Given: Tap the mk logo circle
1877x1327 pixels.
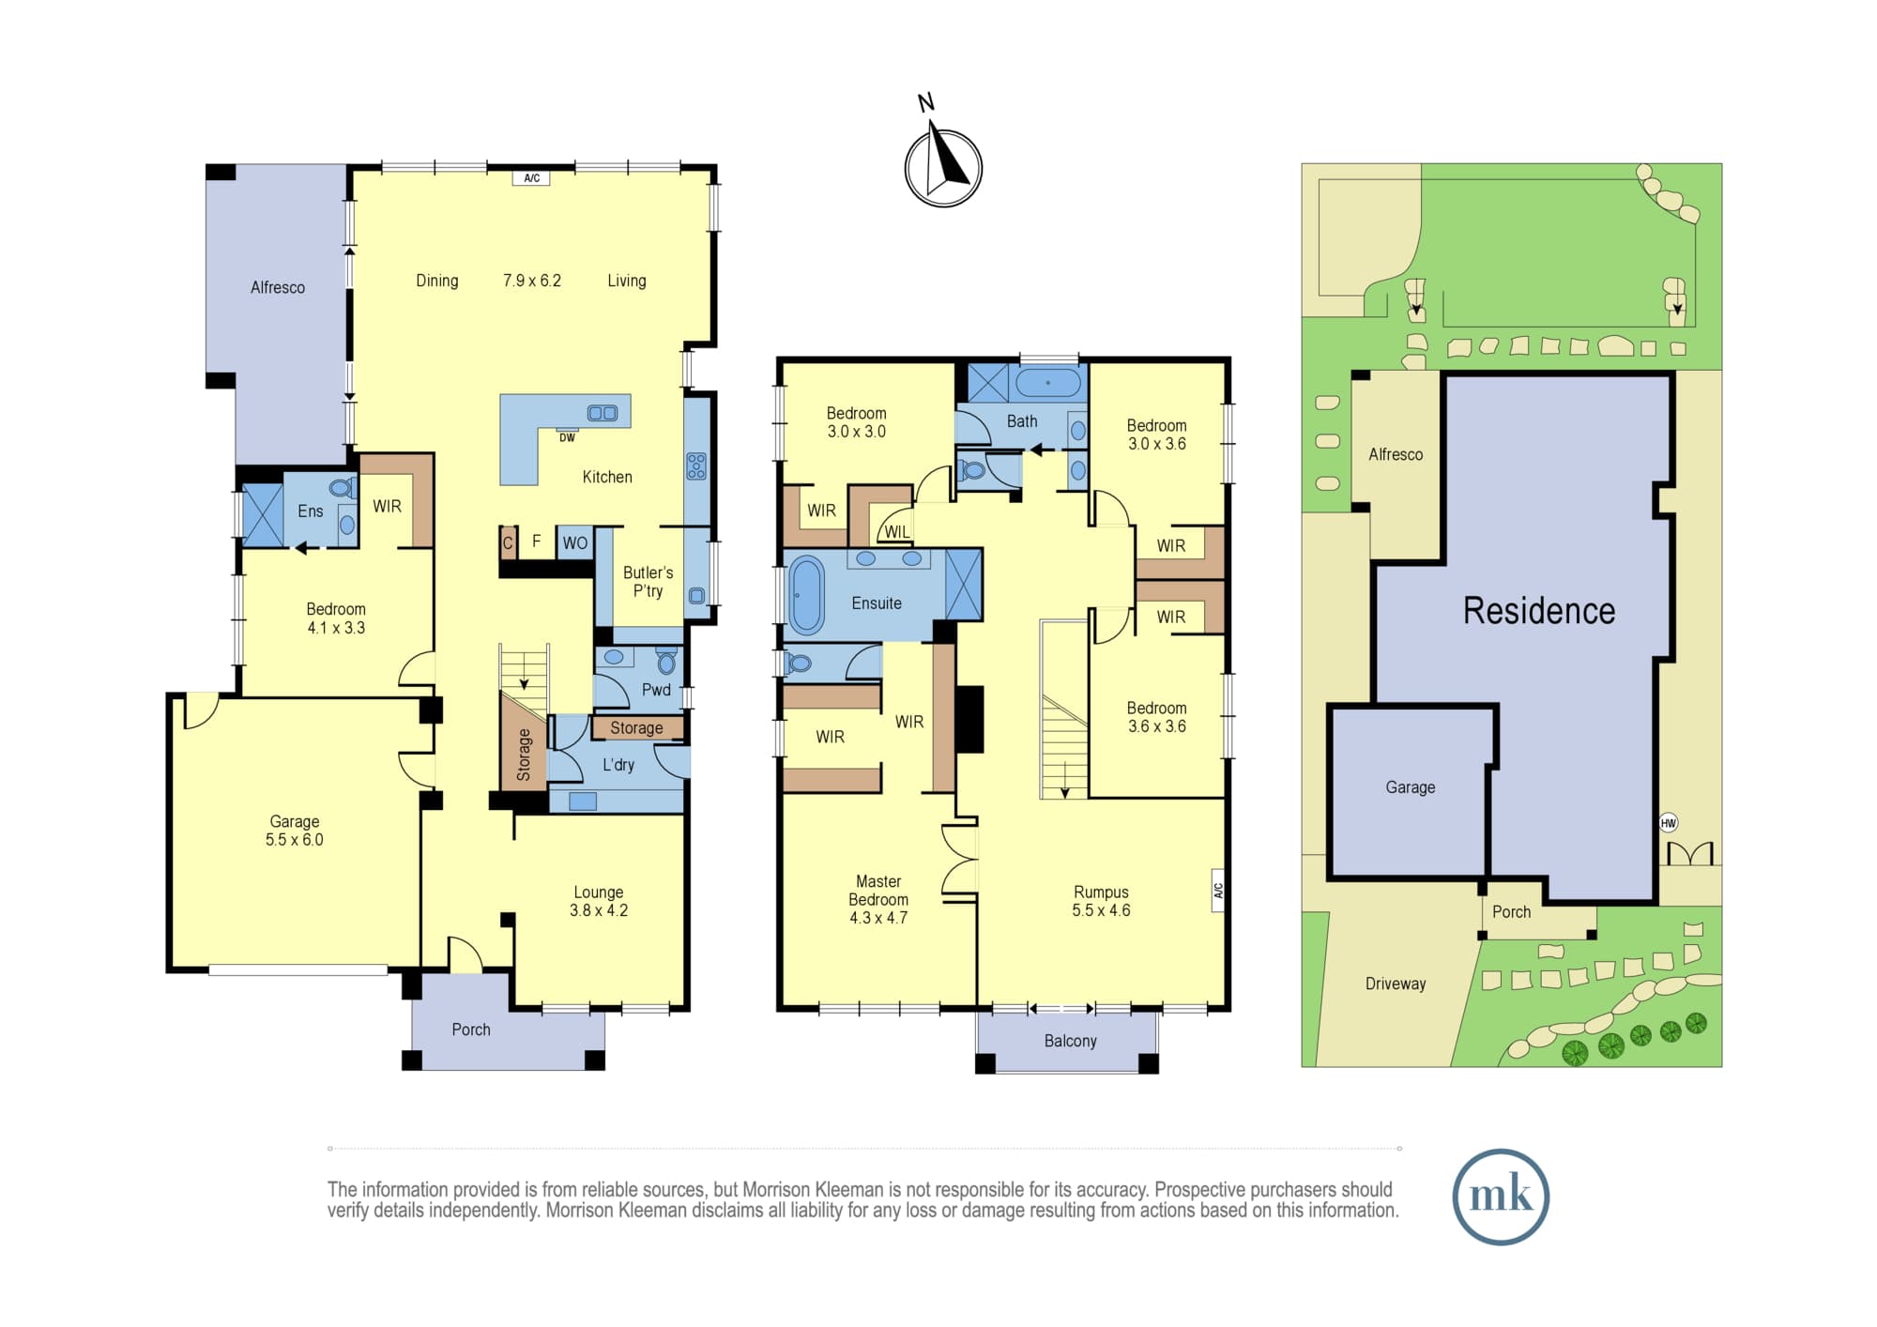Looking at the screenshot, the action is pyautogui.click(x=1501, y=1197).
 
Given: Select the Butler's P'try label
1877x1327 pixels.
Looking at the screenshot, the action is pyautogui.click(x=648, y=582).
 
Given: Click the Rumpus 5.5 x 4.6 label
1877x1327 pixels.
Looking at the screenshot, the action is pyautogui.click(x=1101, y=901).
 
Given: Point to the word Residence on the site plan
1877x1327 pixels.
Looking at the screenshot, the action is pyautogui.click(x=1539, y=611).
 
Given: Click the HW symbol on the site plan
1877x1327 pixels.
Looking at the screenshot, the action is pyautogui.click(x=1668, y=823).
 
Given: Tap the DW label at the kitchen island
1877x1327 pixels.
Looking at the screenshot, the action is pyautogui.click(x=567, y=437).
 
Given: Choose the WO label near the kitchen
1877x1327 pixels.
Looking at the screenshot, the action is pyautogui.click(x=575, y=542).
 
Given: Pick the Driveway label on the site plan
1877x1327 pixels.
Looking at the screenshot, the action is pyautogui.click(x=1396, y=984).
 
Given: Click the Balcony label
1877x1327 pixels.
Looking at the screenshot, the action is pyautogui.click(x=1070, y=1041).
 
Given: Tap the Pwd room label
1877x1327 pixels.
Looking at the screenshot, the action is pyautogui.click(x=656, y=690).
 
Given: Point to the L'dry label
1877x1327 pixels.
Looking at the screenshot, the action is pyautogui.click(x=618, y=765).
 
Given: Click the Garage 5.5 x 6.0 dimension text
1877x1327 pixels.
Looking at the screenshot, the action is pyautogui.click(x=294, y=840).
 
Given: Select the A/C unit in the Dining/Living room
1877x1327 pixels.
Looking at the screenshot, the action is pyautogui.click(x=531, y=178).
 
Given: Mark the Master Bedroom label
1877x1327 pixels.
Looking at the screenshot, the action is pyautogui.click(x=878, y=891).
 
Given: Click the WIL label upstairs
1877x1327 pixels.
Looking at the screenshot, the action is pyautogui.click(x=897, y=532).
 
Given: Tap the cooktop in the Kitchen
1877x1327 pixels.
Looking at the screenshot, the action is pyautogui.click(x=696, y=465).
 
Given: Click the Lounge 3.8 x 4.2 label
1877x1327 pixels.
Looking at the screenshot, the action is pyautogui.click(x=599, y=901).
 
